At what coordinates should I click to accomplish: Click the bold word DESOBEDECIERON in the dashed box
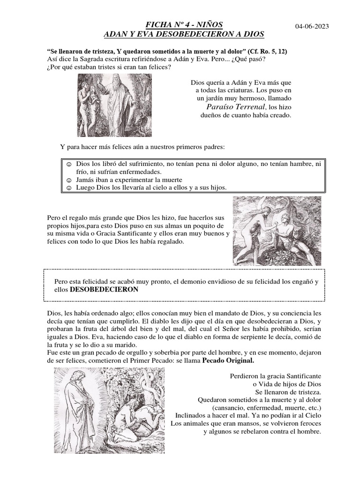pyautogui.click(x=104, y=290)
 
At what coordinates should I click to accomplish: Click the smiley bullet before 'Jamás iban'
pyautogui.click(x=68, y=180)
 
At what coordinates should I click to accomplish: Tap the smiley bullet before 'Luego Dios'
pyautogui.click(x=68, y=187)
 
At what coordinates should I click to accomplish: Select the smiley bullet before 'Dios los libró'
pyautogui.click(x=68, y=165)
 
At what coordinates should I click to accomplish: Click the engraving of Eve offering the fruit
pyautogui.click(x=277, y=231)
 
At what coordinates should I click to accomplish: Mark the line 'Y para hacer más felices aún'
pyautogui.click(x=142, y=147)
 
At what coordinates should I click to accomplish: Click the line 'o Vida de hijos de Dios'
pyautogui.click(x=287, y=383)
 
